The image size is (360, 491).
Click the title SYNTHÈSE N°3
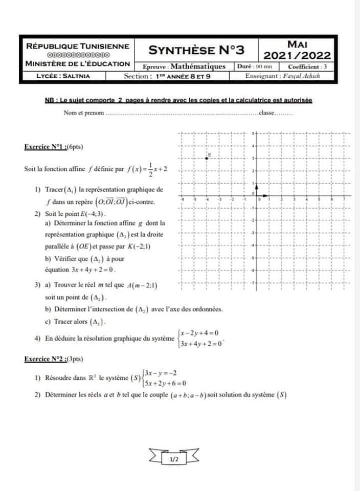tap(196, 50)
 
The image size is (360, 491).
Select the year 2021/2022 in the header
tap(297, 55)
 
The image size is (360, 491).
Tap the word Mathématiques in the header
tap(197, 66)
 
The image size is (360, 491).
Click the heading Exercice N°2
tap(46, 359)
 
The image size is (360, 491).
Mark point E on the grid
tap(207, 158)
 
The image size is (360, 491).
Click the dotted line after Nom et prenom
tap(182, 114)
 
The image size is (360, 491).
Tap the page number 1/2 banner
tap(174, 460)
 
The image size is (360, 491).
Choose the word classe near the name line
tap(267, 113)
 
